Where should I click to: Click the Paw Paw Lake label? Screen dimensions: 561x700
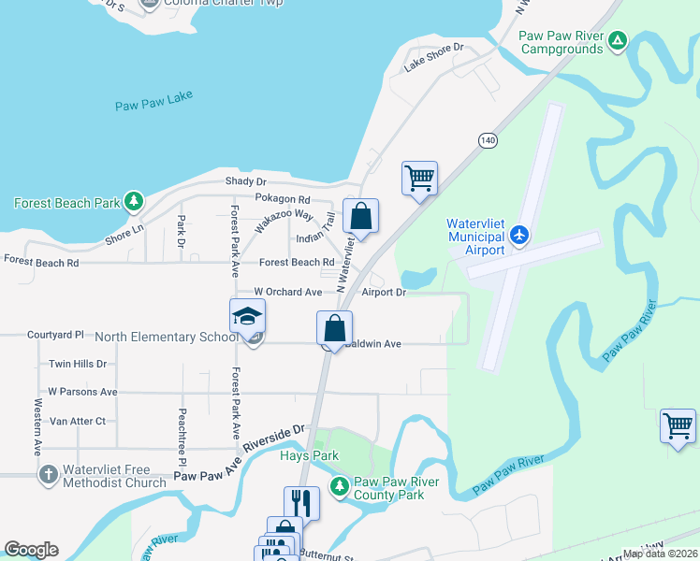[x=153, y=106]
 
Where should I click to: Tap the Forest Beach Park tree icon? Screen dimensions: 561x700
[x=135, y=201]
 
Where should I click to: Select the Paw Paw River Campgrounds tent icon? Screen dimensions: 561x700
[x=617, y=41]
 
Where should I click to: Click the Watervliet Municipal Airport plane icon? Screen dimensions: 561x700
[x=520, y=235]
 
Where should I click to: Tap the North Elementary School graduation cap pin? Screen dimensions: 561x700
[x=248, y=318]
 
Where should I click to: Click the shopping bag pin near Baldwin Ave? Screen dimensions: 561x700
[x=334, y=329]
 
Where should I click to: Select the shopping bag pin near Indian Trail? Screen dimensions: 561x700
[x=360, y=217]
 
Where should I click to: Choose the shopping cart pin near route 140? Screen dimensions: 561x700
[x=420, y=178]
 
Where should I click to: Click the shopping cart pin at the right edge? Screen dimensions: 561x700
[x=678, y=425]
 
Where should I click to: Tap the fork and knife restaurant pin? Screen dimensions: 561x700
[x=301, y=503]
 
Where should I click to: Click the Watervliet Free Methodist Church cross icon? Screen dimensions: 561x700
[x=48, y=475]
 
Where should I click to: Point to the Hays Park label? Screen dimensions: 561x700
[x=307, y=456]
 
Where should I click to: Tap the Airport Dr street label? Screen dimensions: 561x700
[x=384, y=293]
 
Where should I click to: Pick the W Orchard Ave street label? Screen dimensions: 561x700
[x=262, y=293]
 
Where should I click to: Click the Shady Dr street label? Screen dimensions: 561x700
[x=246, y=181]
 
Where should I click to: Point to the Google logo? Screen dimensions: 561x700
[x=31, y=550]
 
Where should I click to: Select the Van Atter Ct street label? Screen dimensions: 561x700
[x=78, y=422]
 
